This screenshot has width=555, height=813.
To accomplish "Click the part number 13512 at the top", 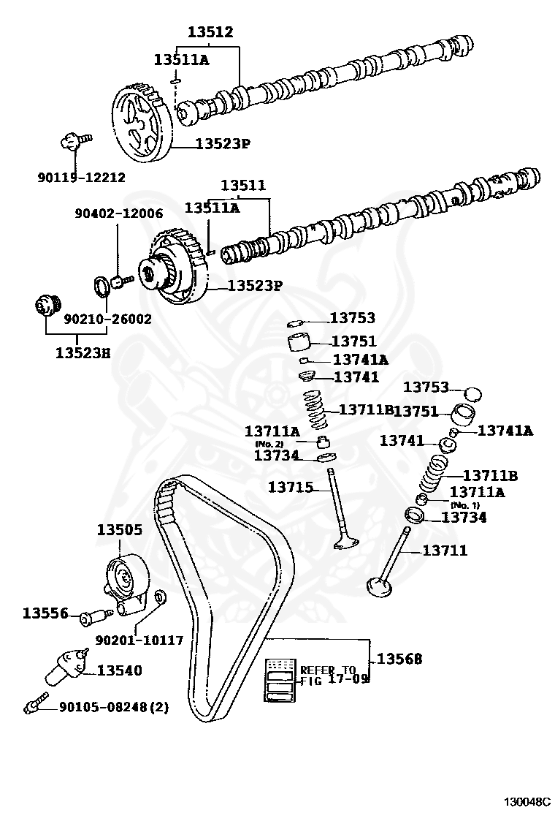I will coord(210,32).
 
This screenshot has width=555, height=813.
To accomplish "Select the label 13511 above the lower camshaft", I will coord(243,186).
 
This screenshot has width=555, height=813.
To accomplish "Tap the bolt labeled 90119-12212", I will coord(73,140).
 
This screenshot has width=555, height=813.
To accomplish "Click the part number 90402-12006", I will coord(118,213).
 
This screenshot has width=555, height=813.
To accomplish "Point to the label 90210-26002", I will coord(107,319).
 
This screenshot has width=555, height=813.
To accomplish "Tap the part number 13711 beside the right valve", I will coord(444,551).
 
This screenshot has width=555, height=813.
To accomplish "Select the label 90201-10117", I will coord(139,640).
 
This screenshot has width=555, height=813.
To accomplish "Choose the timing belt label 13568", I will coord(399,659).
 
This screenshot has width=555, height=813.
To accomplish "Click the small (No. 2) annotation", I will coord(269,444).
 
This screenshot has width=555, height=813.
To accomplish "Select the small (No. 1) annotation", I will coord(464,505).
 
